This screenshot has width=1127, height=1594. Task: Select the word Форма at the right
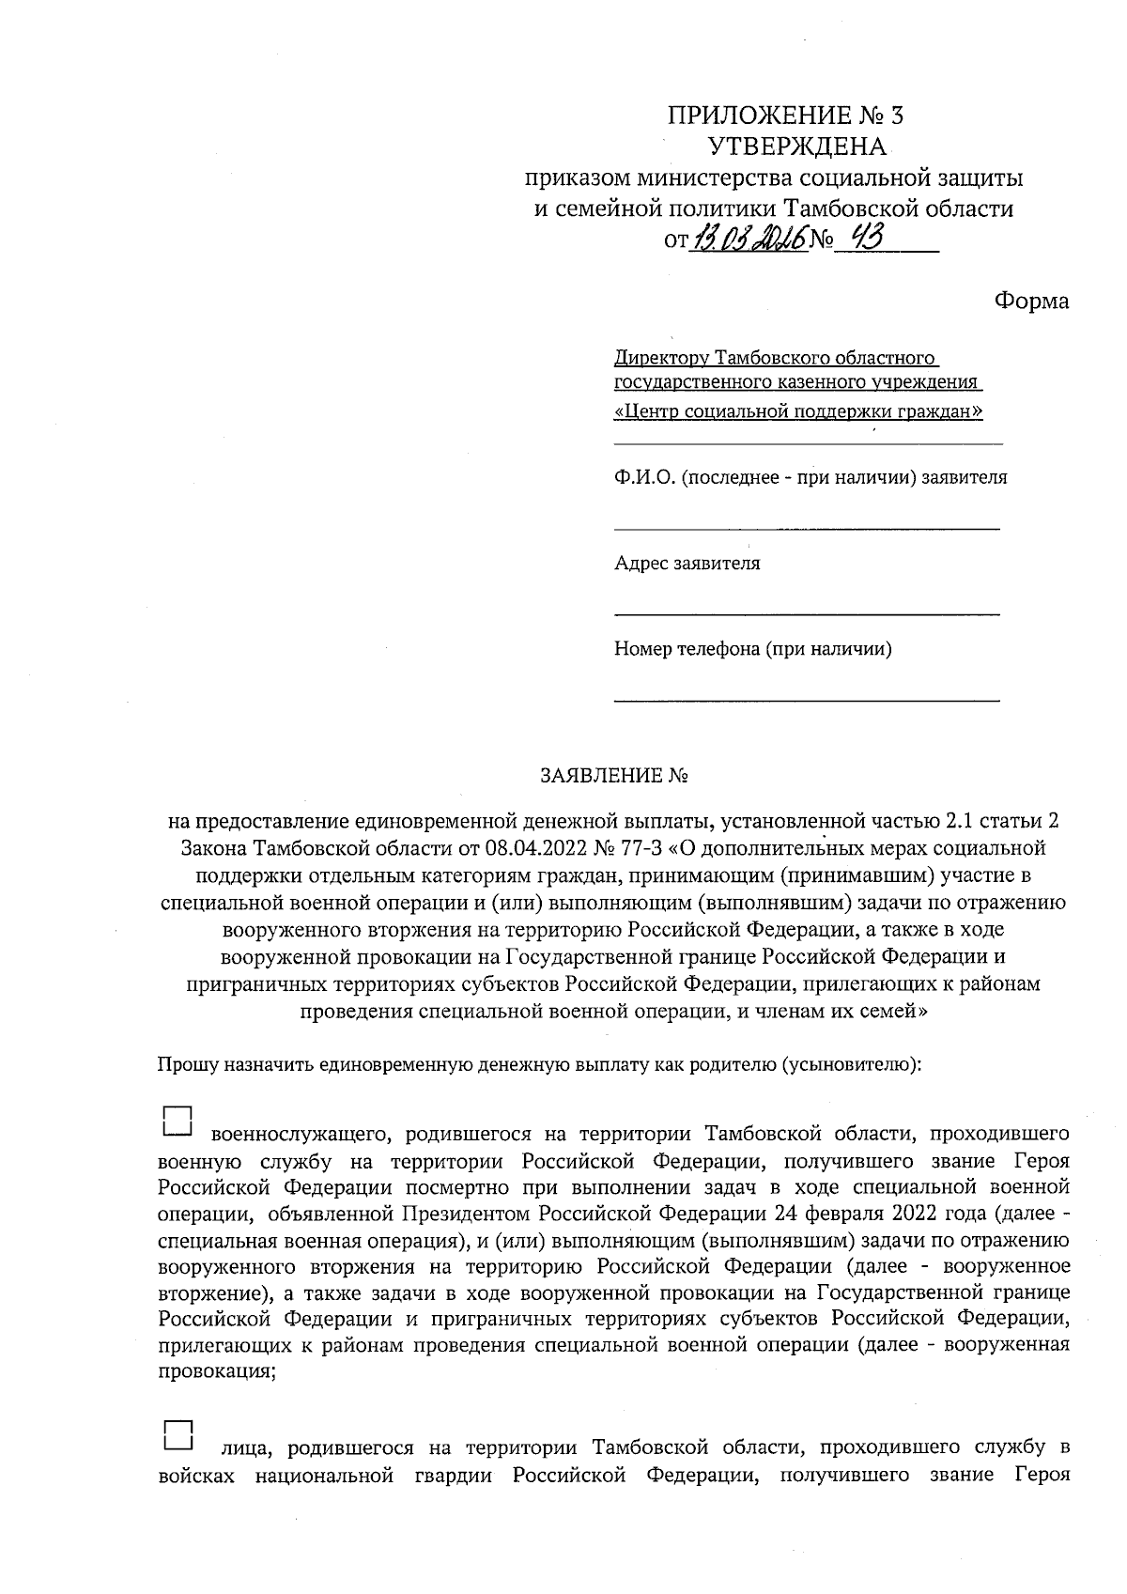[1031, 301]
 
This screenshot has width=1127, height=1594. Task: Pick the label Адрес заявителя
[687, 564]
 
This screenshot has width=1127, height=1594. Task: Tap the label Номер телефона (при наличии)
[752, 649]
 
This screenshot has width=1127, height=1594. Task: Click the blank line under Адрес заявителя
[807, 614]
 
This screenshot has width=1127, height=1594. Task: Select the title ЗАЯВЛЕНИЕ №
[615, 777]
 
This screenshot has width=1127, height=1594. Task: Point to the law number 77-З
[640, 849]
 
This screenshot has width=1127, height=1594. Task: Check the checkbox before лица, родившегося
[178, 1432]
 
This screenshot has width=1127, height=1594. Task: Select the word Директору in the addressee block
[661, 358]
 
